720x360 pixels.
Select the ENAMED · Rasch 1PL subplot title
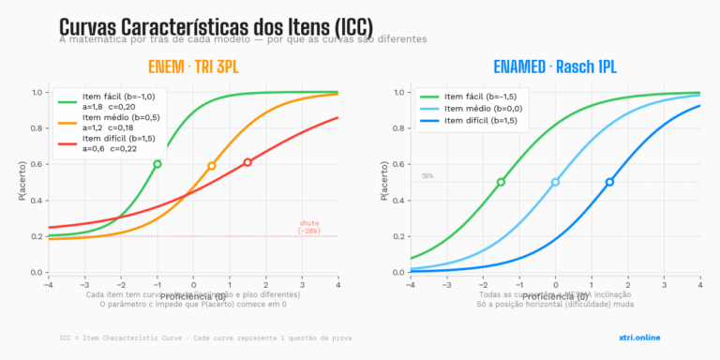[555, 67]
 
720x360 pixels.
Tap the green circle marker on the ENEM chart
[157, 164]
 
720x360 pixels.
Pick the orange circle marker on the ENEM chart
[212, 166]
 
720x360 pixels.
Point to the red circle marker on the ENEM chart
[247, 162]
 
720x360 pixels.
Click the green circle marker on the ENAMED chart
[501, 182]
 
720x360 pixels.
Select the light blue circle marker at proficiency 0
[555, 182]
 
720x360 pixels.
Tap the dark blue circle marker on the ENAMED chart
[609, 182]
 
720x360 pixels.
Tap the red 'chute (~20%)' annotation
[309, 226]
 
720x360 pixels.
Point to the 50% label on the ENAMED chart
[427, 175]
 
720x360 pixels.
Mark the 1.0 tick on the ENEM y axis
[38, 92]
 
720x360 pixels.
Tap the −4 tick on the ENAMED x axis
[411, 283]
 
